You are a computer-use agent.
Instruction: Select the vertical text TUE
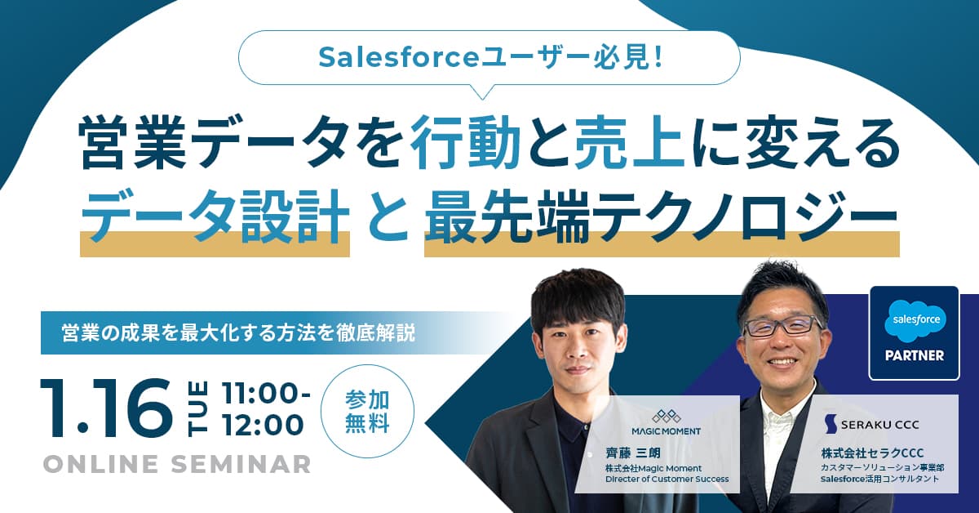pyautogui.click(x=201, y=410)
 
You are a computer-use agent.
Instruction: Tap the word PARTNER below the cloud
pyautogui.click(x=914, y=355)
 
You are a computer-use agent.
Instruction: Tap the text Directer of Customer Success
pyautogui.click(x=666, y=480)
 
